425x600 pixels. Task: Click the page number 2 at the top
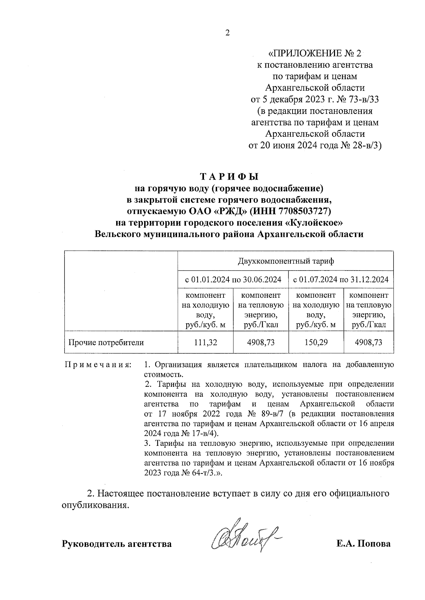pos(227,33)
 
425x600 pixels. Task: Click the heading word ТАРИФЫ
pos(230,176)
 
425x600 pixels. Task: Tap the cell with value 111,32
pos(205,342)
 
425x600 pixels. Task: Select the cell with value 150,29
pos(316,342)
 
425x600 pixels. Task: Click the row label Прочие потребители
pos(106,342)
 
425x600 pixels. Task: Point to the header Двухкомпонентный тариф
pos(285,261)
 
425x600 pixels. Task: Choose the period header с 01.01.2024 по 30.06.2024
pos(233,280)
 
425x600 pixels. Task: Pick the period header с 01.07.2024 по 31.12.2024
pos(341,280)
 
